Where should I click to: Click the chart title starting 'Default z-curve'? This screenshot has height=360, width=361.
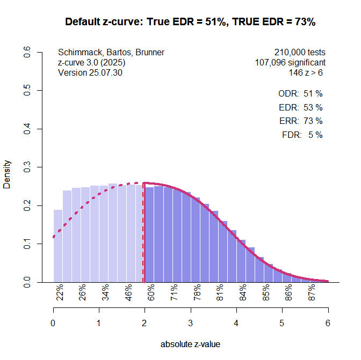(190, 22)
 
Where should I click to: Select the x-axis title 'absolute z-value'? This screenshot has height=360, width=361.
(190, 344)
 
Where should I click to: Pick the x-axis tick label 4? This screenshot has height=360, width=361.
(236, 323)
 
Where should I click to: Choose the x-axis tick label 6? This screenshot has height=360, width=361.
(328, 323)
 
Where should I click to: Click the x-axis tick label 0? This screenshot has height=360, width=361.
(53, 323)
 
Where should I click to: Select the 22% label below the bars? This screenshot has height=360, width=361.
(60, 293)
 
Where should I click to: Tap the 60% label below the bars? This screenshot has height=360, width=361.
(151, 293)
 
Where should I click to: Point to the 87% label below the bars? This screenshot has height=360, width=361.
(312, 293)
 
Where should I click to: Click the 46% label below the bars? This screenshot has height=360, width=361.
(129, 293)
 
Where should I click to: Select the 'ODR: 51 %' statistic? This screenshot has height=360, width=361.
(300, 93)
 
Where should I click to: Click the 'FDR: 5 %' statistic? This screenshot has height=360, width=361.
(302, 135)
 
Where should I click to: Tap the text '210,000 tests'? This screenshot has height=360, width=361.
(300, 53)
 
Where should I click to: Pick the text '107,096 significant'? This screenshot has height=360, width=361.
(290, 63)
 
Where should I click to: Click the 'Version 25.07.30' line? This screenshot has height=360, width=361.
(90, 73)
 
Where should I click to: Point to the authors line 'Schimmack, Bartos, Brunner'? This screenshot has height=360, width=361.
(111, 53)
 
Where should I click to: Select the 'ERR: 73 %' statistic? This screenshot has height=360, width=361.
(301, 121)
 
